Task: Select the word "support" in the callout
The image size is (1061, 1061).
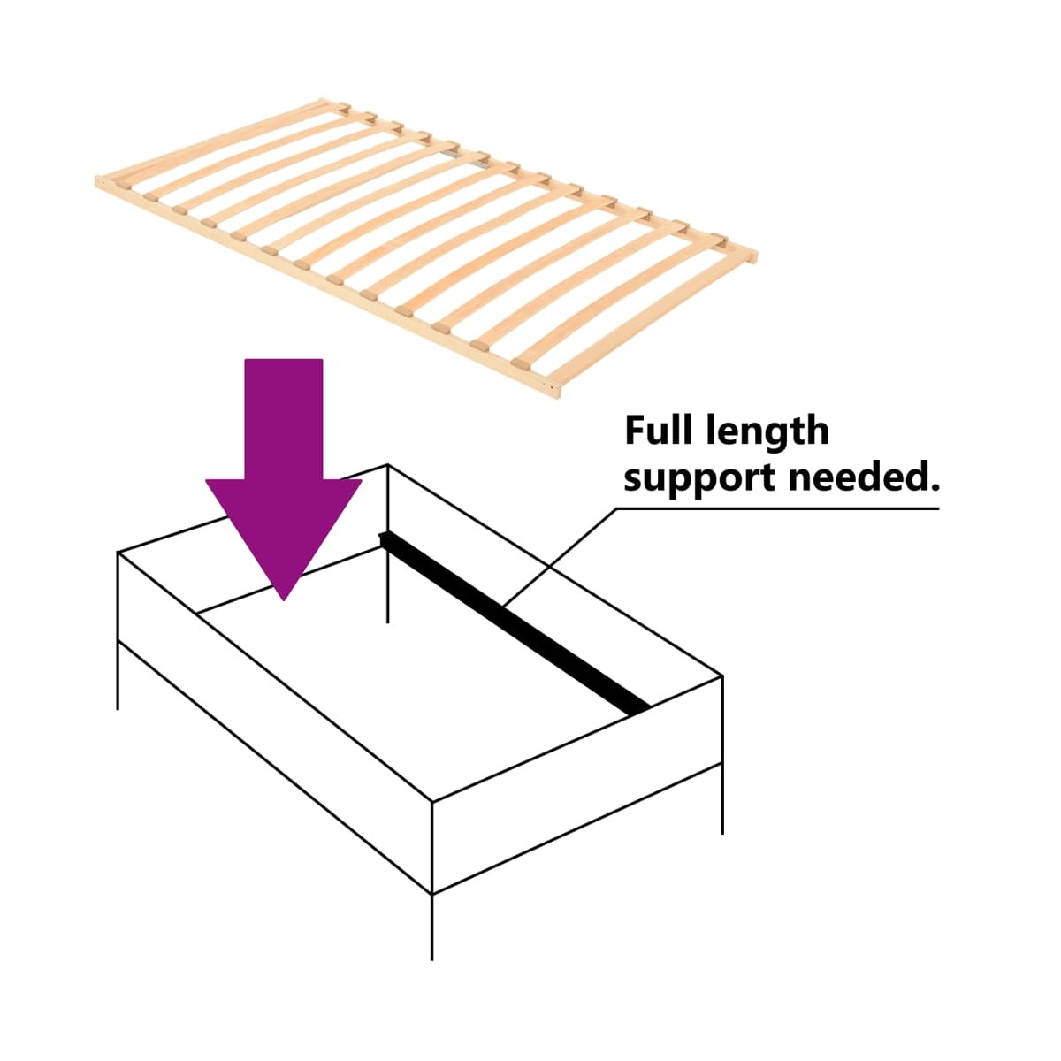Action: point(699,479)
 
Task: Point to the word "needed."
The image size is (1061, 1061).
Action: point(865,477)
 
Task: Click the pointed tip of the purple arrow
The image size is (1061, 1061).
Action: point(284,599)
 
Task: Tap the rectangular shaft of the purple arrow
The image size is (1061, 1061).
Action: point(284,420)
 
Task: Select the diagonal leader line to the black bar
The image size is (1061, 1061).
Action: point(560,558)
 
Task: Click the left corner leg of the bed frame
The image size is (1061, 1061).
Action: point(118,630)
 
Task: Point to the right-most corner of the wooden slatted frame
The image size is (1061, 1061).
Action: point(755,256)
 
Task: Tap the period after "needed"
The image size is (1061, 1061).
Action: point(934,488)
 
